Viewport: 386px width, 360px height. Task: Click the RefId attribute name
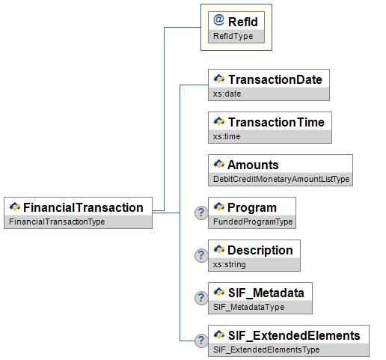point(243,22)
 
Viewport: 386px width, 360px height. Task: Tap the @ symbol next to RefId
point(218,20)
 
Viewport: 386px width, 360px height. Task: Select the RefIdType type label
point(233,36)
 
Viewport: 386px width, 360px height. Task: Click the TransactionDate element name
point(275,79)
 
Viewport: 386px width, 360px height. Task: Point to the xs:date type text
point(227,94)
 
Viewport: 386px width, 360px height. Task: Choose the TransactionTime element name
point(276,122)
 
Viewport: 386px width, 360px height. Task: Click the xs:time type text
point(227,136)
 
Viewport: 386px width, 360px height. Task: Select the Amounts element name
point(253,165)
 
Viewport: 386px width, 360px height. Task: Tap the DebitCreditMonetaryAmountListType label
point(281,179)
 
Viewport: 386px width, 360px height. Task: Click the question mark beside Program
point(201,213)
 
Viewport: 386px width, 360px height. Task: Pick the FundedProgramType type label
point(253,222)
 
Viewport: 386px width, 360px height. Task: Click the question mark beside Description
point(201,255)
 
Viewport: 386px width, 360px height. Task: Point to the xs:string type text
point(230,264)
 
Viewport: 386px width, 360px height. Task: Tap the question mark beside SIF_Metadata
point(201,298)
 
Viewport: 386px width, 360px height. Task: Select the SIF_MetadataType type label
point(248,307)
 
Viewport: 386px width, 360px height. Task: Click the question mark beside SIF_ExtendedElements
point(201,341)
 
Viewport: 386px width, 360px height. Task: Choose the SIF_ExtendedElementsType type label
point(266,350)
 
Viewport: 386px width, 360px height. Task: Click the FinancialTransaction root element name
point(83,207)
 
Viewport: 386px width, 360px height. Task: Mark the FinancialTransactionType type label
point(57,222)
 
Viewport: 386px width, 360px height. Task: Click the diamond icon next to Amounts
point(219,164)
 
